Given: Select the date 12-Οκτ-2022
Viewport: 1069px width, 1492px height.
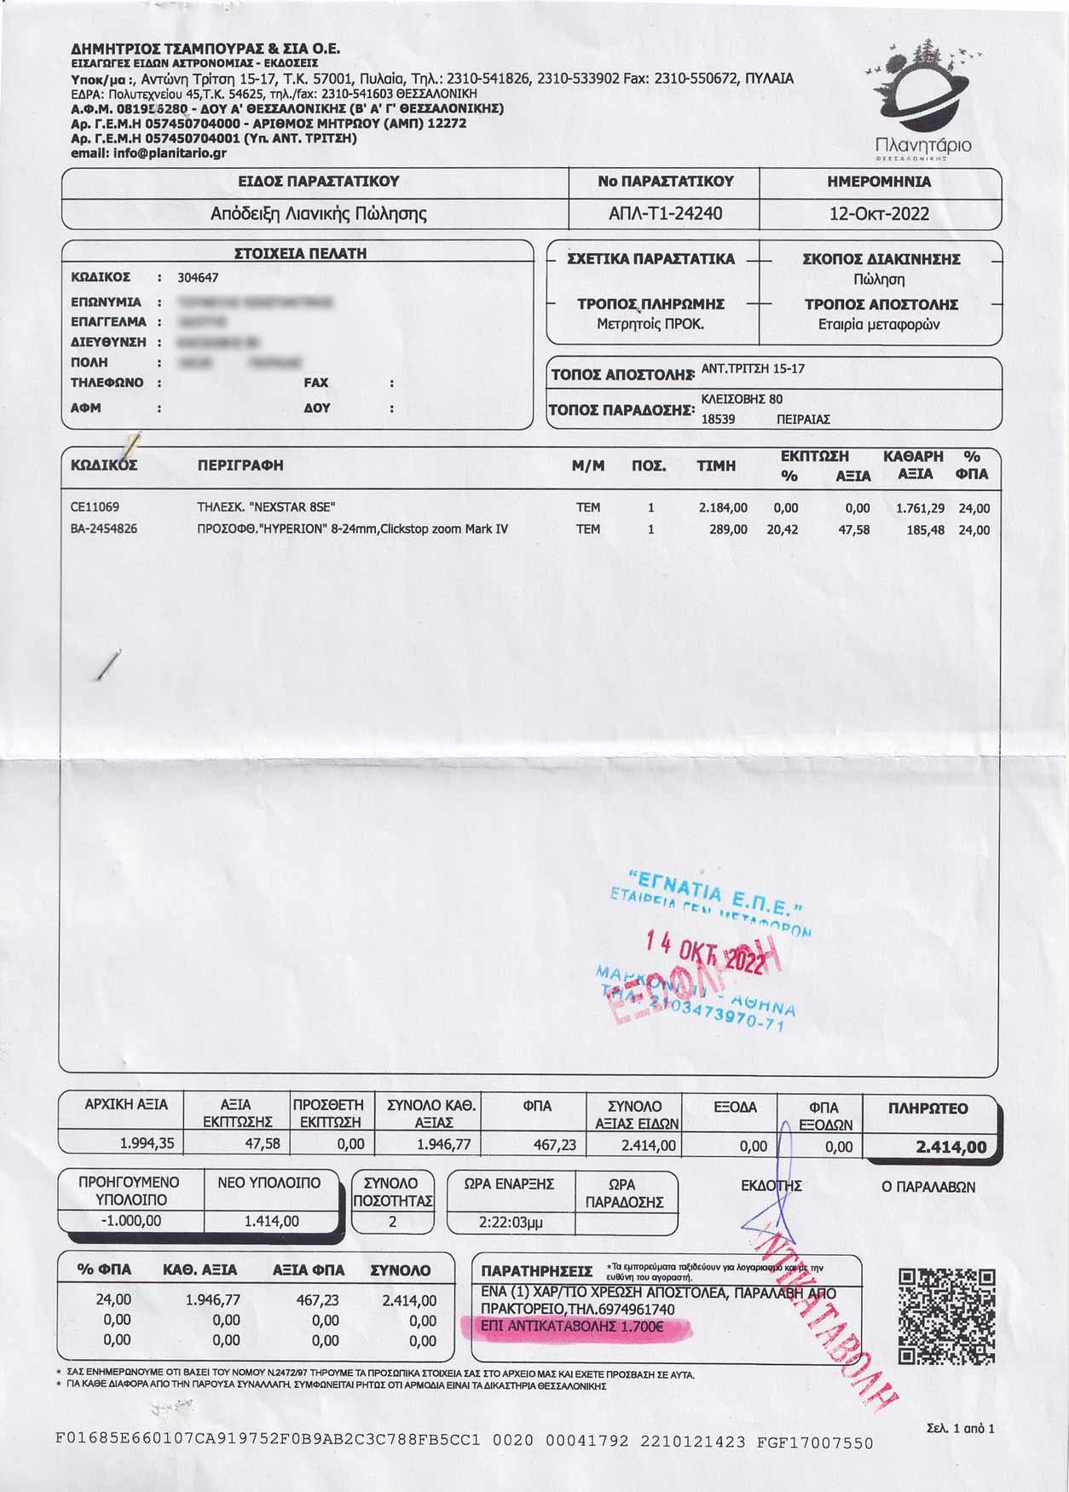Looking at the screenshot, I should (x=879, y=213).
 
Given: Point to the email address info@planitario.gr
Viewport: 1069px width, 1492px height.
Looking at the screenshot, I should (x=148, y=153).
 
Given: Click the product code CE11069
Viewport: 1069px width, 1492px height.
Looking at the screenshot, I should (x=95, y=508).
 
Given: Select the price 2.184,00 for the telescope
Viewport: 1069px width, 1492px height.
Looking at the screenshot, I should (x=722, y=508).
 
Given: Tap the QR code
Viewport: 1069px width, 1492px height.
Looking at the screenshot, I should (x=947, y=1316).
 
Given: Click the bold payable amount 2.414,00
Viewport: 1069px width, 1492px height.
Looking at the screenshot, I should (x=951, y=1148).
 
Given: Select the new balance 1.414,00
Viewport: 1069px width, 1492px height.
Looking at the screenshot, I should (x=271, y=1221).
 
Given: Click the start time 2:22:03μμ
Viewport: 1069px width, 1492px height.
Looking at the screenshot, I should (x=510, y=1222).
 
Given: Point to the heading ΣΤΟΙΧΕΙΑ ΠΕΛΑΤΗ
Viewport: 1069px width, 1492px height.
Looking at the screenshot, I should (x=300, y=253).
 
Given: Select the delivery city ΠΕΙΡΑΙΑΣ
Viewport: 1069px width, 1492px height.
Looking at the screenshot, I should (x=803, y=419).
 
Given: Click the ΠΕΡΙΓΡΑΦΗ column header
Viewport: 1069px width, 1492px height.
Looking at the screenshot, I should (x=240, y=466).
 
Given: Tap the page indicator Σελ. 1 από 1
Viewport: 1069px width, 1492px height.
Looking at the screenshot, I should (x=960, y=1428).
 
